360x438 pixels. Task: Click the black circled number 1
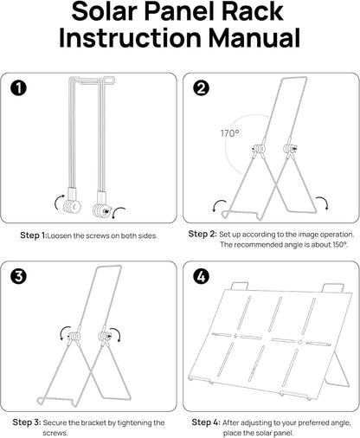pyautogui.click(x=19, y=88)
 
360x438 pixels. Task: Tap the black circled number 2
pyautogui.click(x=201, y=88)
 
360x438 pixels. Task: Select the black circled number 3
pyautogui.click(x=19, y=277)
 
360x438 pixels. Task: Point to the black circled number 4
pyautogui.click(x=201, y=277)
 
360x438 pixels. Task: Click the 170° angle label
pyautogui.click(x=229, y=133)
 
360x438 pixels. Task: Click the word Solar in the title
pyautogui.click(x=104, y=11)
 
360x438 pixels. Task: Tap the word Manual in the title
pyautogui.click(x=254, y=38)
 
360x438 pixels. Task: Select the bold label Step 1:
pyautogui.click(x=34, y=235)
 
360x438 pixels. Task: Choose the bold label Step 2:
pyautogui.click(x=202, y=234)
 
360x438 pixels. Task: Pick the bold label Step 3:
pyautogui.click(x=27, y=422)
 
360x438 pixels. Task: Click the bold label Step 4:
pyautogui.click(x=206, y=422)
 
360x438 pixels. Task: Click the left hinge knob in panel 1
pyautogui.click(x=72, y=206)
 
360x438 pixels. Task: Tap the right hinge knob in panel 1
pyautogui.click(x=100, y=210)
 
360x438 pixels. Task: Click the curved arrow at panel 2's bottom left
pyautogui.click(x=219, y=205)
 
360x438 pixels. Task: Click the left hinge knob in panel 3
pyautogui.click(x=74, y=336)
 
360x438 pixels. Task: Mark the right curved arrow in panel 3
pyautogui.click(x=117, y=333)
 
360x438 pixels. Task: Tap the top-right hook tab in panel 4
pyautogui.click(x=333, y=288)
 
